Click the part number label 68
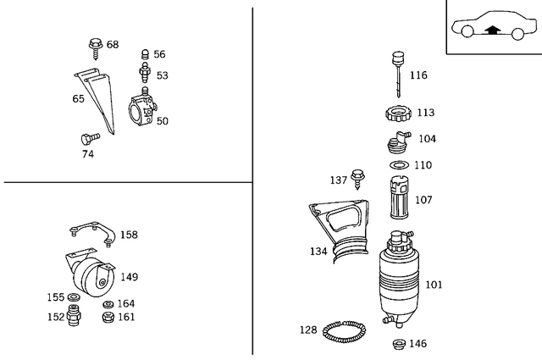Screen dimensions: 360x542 [113, 45]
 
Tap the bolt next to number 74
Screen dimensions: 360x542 [85, 138]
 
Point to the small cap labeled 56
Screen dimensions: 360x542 [145, 54]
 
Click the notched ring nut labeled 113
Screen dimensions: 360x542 [396, 113]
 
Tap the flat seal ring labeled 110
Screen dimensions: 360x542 [396, 164]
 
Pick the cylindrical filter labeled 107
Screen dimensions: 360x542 [397, 201]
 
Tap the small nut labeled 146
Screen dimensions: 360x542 [396, 343]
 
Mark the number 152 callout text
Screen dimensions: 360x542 [55, 317]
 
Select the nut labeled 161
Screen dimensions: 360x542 [108, 318]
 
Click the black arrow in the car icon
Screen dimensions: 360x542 [491, 30]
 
